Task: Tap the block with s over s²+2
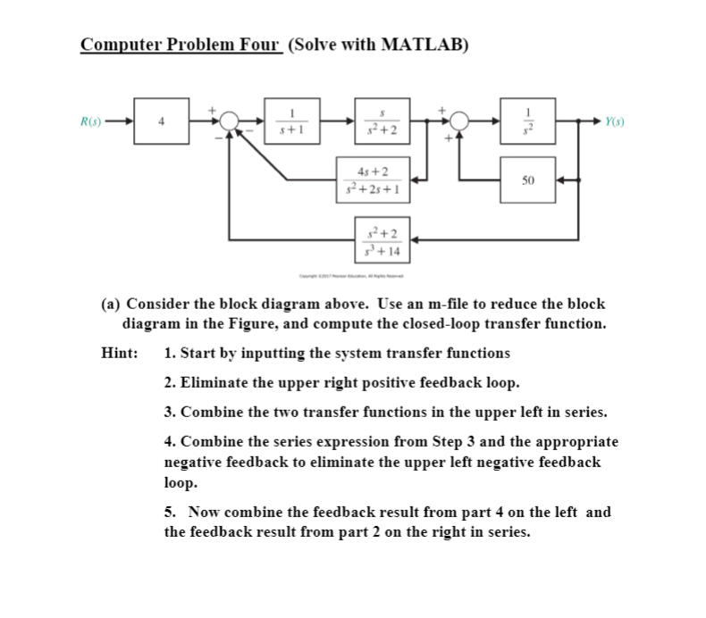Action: point(382,122)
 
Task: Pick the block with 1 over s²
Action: point(528,122)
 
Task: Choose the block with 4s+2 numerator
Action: point(371,180)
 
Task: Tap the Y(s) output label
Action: point(614,122)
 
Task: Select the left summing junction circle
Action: point(230,122)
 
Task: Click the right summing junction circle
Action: point(460,122)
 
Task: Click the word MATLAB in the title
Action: point(420,45)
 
